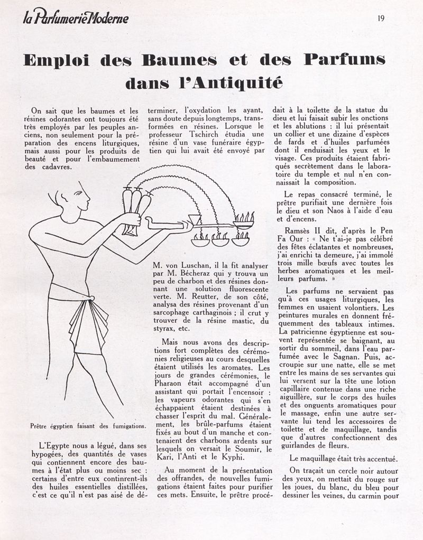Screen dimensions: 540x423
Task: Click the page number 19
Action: tap(381, 17)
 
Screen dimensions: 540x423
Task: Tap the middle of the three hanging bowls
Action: tap(220, 241)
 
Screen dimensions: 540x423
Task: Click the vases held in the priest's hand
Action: tap(134, 207)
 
